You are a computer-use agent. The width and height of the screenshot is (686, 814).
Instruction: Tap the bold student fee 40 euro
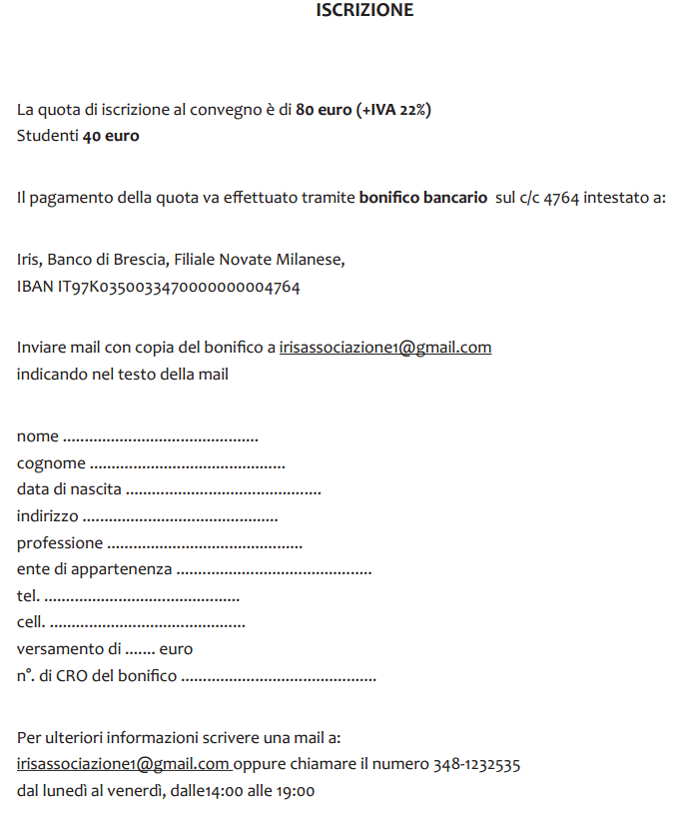pos(111,136)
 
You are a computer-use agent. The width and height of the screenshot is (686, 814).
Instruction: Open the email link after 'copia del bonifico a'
pos(385,348)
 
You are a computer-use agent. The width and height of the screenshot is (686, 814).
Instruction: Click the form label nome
pos(38,437)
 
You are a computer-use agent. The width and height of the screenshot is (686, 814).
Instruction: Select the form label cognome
pos(51,464)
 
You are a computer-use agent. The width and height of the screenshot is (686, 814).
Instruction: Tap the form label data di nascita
pos(69,490)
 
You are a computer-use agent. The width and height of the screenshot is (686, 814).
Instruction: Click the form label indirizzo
pos(47,516)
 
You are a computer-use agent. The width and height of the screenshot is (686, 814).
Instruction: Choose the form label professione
pos(60,543)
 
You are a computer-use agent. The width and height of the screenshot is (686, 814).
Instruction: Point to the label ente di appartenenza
pos(94,570)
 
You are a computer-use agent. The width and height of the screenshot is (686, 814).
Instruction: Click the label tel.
pos(28,596)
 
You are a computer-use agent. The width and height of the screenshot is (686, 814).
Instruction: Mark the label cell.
pos(30,623)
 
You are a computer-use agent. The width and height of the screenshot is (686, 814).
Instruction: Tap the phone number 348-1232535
pos(476,765)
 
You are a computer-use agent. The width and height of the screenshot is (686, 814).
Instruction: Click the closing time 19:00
pos(296,792)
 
